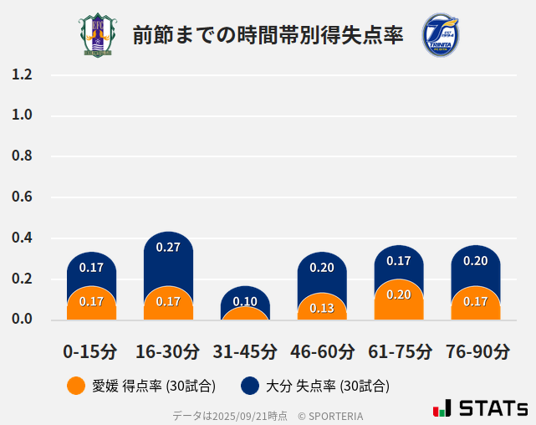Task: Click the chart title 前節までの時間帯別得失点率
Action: point(268,35)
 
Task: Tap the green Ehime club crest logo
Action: point(98,35)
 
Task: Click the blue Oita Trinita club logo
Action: point(440,35)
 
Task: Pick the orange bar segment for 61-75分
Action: point(399,300)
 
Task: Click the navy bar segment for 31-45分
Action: point(245,298)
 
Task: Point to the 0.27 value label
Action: point(168,247)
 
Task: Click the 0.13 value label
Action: point(322,308)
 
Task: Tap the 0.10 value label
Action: point(245,302)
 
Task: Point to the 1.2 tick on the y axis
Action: point(22,74)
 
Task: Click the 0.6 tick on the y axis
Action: point(22,197)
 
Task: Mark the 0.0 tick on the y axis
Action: point(22,320)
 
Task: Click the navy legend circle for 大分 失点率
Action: point(249,386)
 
